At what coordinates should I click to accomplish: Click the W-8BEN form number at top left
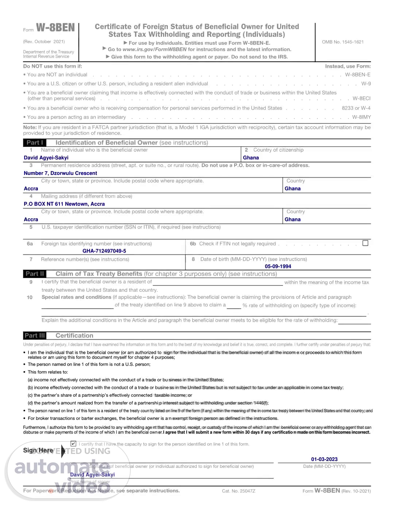[55, 28]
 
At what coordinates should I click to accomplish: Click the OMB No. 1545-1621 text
[343, 42]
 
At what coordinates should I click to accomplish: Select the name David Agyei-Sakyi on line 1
[46, 158]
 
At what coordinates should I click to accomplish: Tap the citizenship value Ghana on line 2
[251, 158]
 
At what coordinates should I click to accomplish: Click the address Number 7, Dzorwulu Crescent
[60, 173]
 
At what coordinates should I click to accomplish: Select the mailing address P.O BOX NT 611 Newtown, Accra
[64, 204]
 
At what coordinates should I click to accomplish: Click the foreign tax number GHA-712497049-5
[104, 251]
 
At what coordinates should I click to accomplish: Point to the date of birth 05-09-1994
[278, 267]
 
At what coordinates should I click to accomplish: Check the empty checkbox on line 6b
[365, 243]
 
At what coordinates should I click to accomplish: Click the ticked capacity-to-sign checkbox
[73, 444]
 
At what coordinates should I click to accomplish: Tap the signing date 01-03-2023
[324, 459]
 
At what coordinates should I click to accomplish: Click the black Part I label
[35, 143]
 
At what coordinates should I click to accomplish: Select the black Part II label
[35, 274]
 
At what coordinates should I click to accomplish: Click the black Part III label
[35, 336]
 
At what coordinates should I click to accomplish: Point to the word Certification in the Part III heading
[74, 336]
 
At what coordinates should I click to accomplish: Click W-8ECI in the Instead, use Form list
[362, 98]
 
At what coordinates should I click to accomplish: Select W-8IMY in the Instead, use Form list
[361, 117]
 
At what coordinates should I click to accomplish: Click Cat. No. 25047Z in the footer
[239, 491]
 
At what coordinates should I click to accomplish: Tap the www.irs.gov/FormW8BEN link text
[154, 50]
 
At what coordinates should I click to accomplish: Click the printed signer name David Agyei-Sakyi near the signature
[92, 475]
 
